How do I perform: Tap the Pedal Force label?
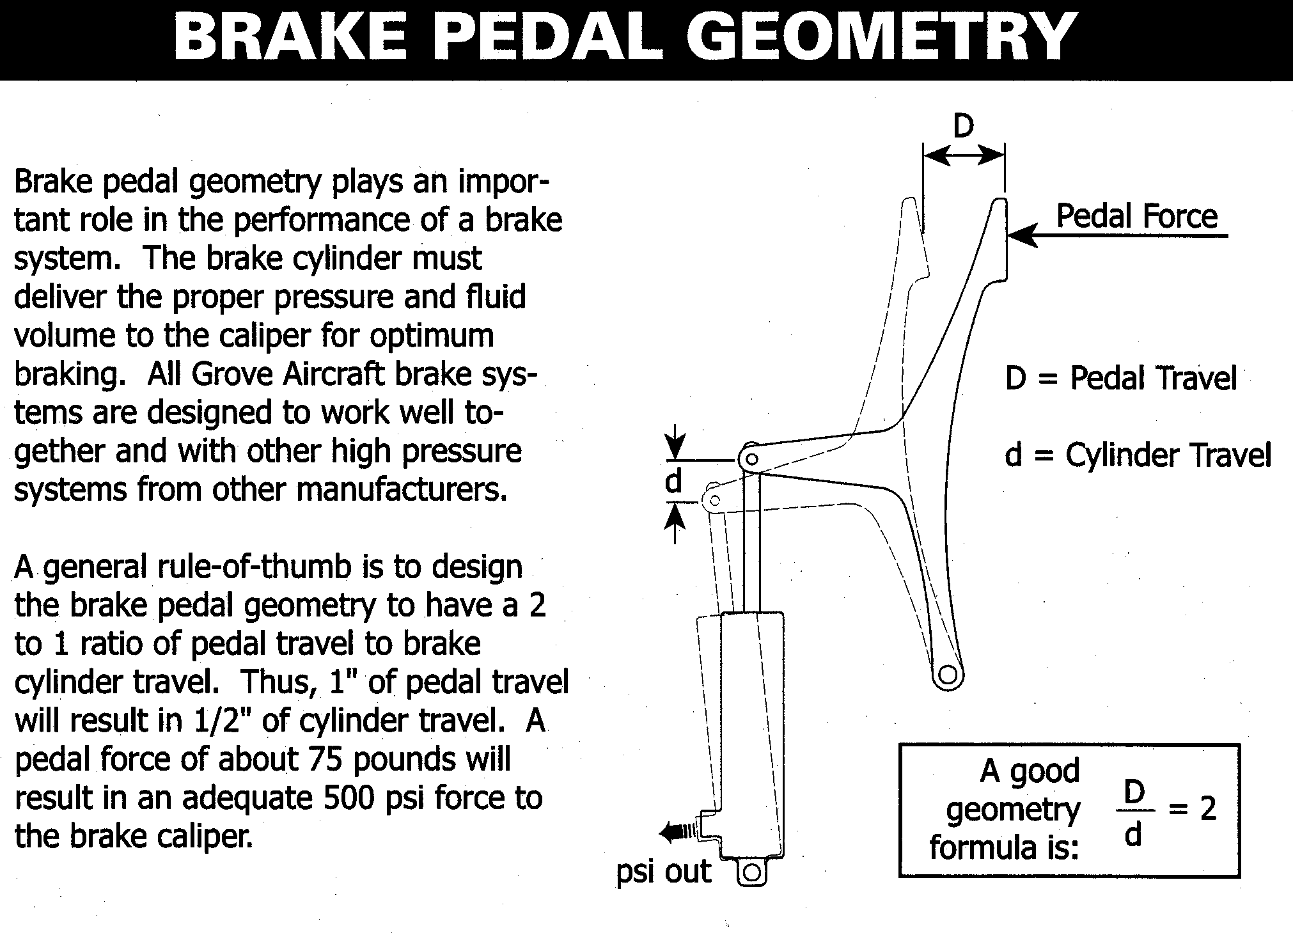(1136, 216)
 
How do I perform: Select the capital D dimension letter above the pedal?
(964, 126)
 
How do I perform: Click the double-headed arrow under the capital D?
(964, 155)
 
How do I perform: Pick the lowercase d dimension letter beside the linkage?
(673, 481)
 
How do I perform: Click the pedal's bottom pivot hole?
(948, 675)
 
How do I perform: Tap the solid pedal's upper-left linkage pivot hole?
(752, 459)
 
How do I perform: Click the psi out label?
(664, 872)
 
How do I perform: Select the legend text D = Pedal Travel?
(1121, 378)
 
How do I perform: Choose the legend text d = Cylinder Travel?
(1138, 455)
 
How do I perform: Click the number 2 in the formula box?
(1208, 809)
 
